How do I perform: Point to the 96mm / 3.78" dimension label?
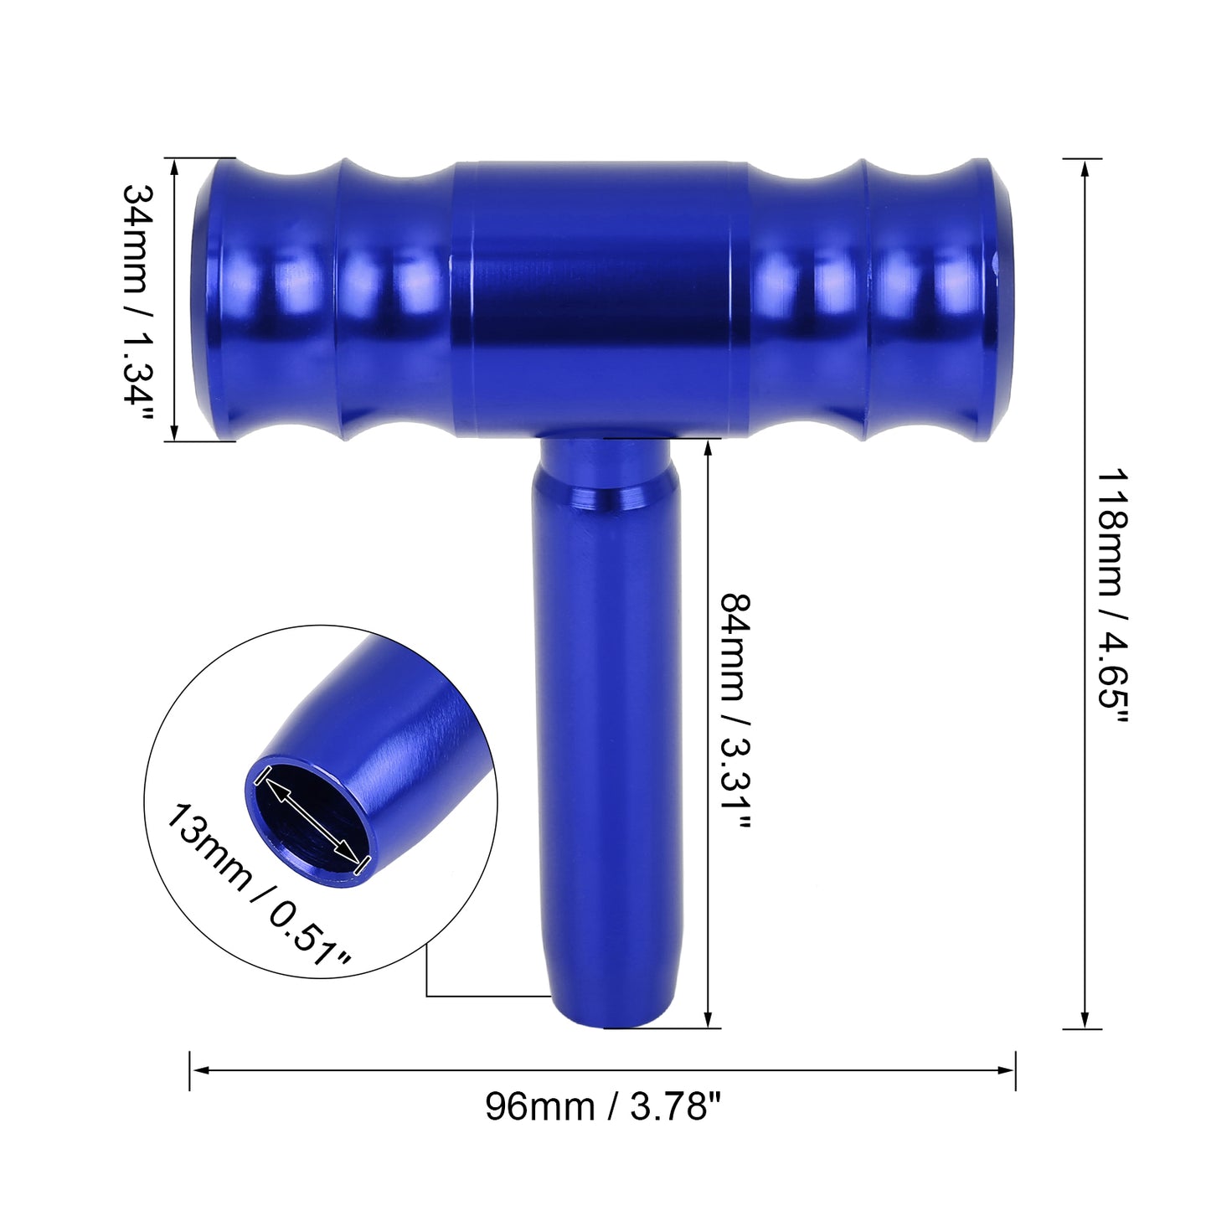click(x=603, y=1105)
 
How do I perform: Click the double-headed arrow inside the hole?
click(x=311, y=819)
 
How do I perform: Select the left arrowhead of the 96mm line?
click(x=200, y=1070)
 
